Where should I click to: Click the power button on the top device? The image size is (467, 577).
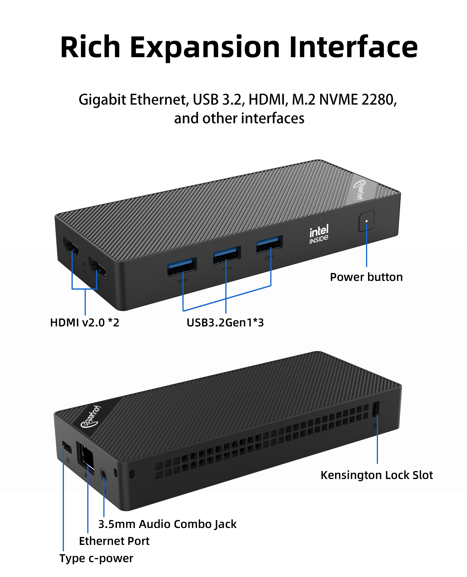[366, 221]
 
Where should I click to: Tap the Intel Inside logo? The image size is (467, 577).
[319, 234]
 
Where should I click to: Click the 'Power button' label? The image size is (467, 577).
[366, 277]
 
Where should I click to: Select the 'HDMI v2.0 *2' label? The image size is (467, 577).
[85, 323]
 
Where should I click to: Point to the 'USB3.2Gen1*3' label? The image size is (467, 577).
[225, 323]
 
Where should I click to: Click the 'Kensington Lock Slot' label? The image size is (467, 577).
[377, 475]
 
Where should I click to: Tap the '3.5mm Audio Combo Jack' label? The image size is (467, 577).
[167, 524]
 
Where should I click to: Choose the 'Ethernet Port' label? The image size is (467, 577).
[114, 541]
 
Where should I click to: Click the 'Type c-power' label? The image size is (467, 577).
[96, 558]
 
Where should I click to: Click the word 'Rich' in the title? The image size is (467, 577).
[90, 47]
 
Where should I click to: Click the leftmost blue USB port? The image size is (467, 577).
[182, 266]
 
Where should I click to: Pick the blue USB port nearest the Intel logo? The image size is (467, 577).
[269, 244]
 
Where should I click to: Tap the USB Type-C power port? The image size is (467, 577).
[67, 447]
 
